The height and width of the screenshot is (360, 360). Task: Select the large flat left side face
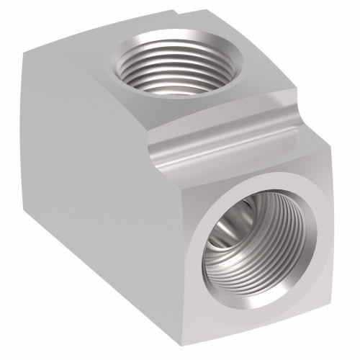click(x=101, y=187)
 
